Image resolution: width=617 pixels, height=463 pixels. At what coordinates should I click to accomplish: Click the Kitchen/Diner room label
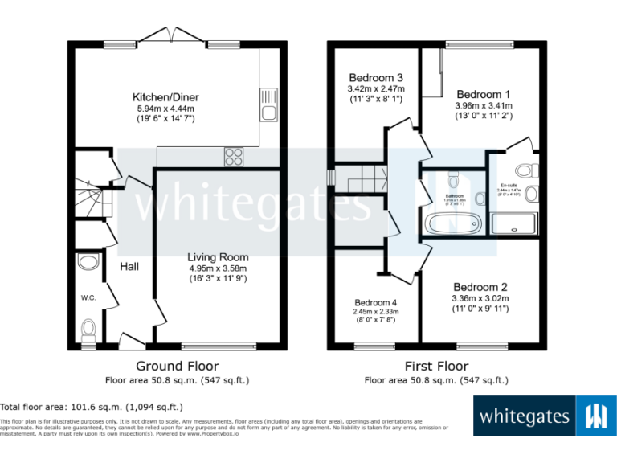click(x=165, y=97)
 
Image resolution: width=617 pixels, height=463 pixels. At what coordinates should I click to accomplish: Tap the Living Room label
click(x=218, y=257)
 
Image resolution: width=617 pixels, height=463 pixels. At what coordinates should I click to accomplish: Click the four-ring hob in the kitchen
click(x=235, y=156)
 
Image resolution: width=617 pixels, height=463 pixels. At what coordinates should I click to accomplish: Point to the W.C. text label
click(x=88, y=298)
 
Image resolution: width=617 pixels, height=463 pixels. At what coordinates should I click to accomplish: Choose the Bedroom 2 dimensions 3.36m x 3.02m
click(x=480, y=298)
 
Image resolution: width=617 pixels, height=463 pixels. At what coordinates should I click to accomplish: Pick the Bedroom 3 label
click(x=375, y=77)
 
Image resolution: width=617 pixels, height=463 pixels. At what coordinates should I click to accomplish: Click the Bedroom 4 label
click(x=375, y=303)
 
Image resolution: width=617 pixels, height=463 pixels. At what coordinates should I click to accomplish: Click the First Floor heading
click(x=435, y=366)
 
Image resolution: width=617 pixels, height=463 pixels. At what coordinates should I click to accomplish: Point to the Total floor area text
click(x=92, y=407)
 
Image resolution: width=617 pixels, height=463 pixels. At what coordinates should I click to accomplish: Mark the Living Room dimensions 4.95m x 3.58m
click(x=218, y=268)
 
